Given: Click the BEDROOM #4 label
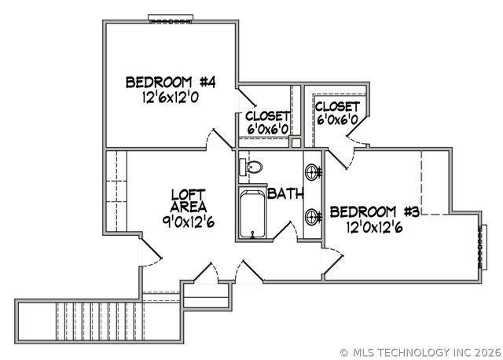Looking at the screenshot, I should [x=171, y=82].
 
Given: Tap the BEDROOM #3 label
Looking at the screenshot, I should [x=374, y=211].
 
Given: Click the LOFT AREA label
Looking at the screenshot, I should [x=189, y=200].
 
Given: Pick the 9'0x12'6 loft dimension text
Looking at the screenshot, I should [x=188, y=222].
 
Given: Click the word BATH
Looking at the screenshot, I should [x=284, y=193].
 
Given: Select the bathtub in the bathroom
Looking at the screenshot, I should [x=252, y=214].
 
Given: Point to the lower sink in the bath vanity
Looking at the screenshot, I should [x=313, y=215].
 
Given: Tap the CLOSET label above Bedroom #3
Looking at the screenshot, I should [x=337, y=106].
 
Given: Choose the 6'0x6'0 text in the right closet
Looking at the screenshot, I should [x=337, y=119].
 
